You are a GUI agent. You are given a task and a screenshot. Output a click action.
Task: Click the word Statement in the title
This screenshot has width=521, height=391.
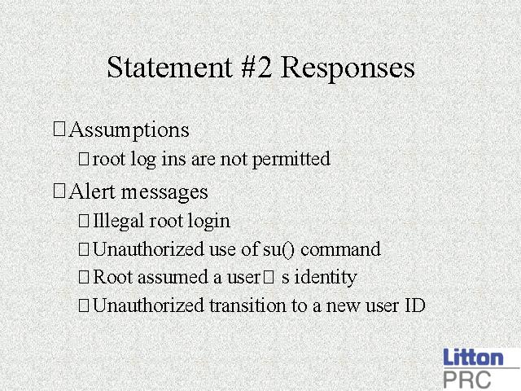pyautogui.click(x=169, y=67)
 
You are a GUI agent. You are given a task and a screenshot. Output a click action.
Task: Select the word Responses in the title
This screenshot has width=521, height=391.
pyautogui.click(x=348, y=69)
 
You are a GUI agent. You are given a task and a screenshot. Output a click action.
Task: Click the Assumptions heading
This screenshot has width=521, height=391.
pyautogui.click(x=129, y=130)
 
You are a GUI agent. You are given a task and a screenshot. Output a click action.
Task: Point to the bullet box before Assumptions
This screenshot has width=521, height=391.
pyautogui.click(x=59, y=129)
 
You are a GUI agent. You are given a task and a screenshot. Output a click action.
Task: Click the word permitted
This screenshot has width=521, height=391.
pyautogui.click(x=291, y=159)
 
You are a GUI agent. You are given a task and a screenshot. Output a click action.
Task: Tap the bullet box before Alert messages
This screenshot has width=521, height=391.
pyautogui.click(x=59, y=191)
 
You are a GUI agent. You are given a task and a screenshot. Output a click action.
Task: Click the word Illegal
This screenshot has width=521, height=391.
pyautogui.click(x=118, y=221)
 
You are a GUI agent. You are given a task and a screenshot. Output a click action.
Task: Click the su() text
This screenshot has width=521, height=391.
pyautogui.click(x=278, y=249)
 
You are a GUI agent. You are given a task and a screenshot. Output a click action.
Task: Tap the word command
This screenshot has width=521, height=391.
pyautogui.click(x=340, y=249)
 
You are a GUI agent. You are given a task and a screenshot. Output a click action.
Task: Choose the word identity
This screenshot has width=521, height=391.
pyautogui.click(x=326, y=278)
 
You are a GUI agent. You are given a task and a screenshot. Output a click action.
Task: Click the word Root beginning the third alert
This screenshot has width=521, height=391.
pyautogui.click(x=113, y=277)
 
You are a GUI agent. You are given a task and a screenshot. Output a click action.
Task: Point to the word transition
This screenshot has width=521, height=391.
pyautogui.click(x=247, y=305)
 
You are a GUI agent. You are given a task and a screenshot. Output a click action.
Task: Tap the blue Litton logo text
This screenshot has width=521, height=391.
pyautogui.click(x=473, y=357)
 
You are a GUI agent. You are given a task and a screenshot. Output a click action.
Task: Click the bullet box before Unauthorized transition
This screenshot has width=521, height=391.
pyautogui.click(x=84, y=305)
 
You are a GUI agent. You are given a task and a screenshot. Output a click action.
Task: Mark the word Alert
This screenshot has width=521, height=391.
pyautogui.click(x=92, y=192)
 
